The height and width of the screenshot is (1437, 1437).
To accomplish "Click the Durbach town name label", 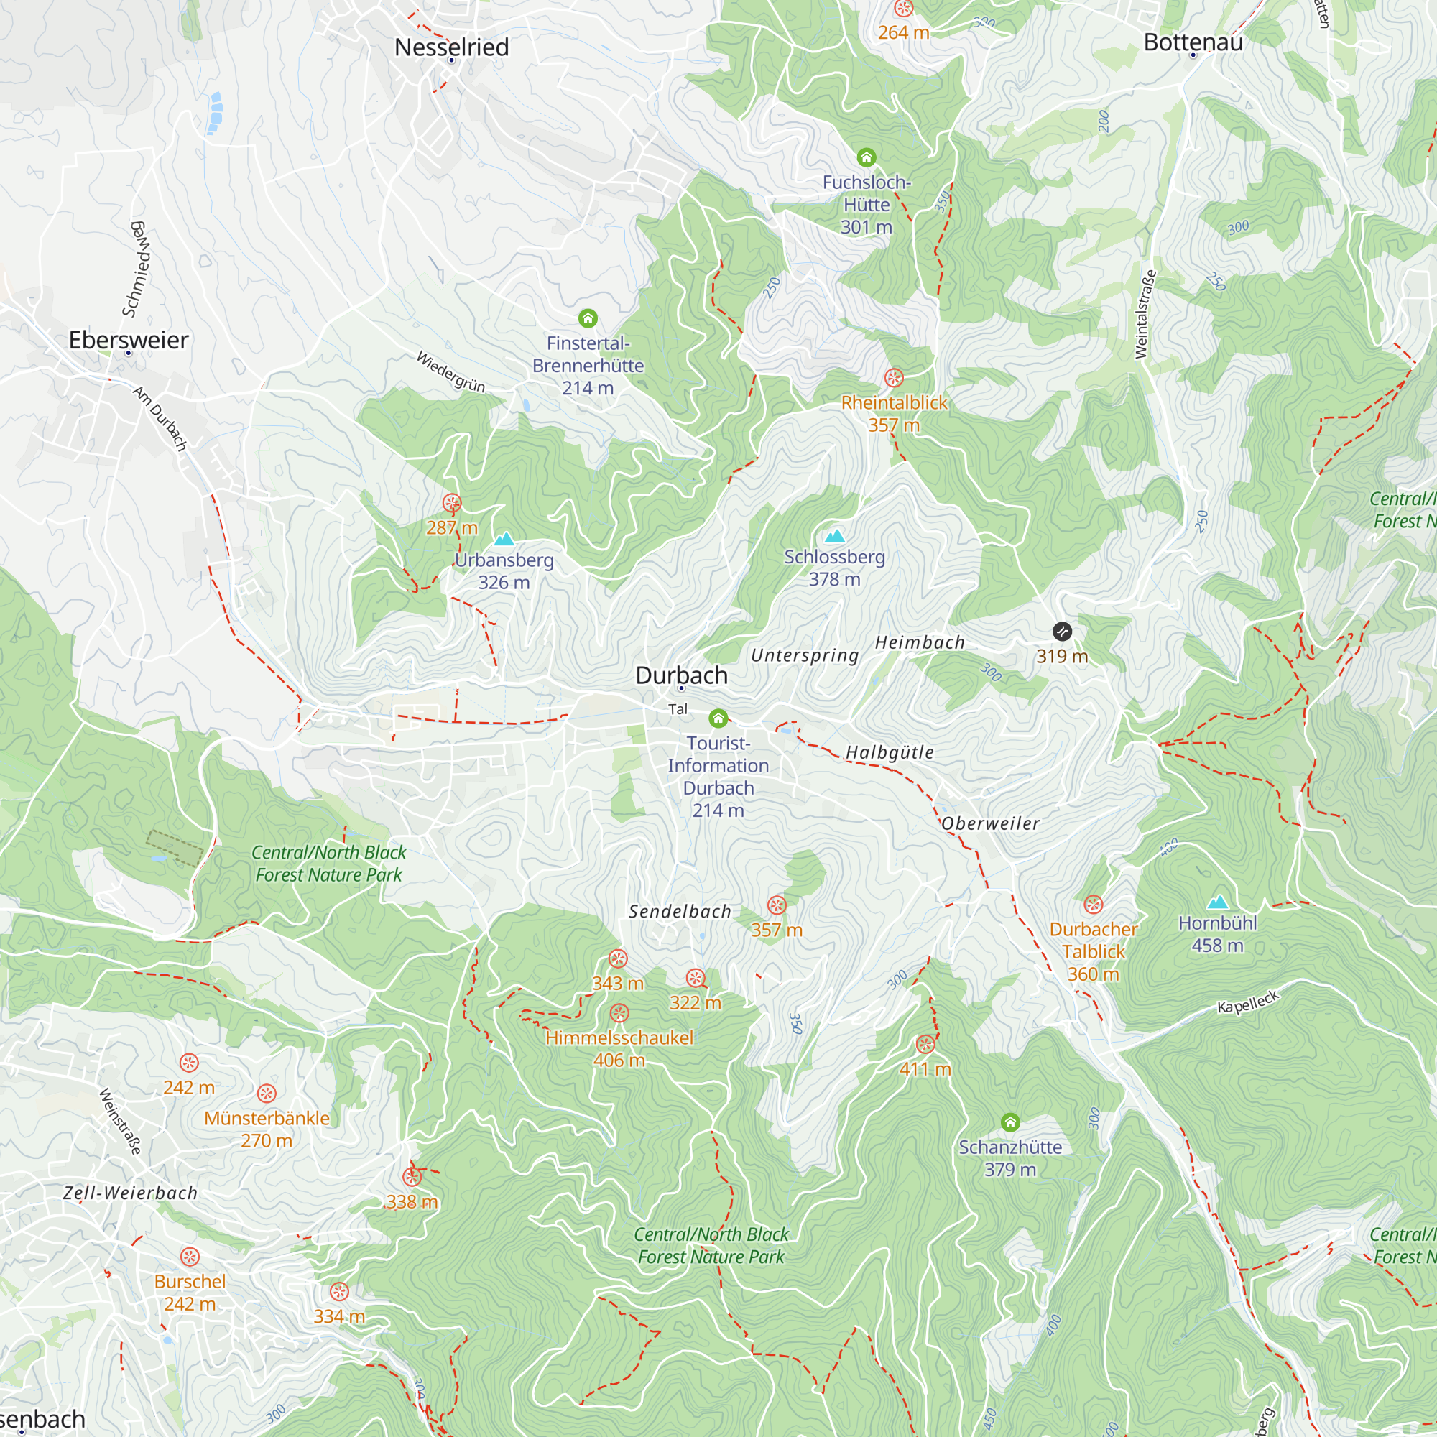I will [681, 675].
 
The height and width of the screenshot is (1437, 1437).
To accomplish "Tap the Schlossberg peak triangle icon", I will [834, 535].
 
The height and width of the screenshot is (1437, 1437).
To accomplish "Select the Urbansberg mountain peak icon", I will [504, 538].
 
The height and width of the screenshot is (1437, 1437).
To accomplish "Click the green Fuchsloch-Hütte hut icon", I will [866, 157].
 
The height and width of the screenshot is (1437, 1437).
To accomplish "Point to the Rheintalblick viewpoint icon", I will [893, 378].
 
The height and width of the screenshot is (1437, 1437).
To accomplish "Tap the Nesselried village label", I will [451, 47].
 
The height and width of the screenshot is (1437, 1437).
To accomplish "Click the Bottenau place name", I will [1193, 42].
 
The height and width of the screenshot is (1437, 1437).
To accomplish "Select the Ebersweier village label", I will [129, 340].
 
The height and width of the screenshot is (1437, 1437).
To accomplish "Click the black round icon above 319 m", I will [1062, 632].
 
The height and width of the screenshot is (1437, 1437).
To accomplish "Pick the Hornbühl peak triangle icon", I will [1217, 903].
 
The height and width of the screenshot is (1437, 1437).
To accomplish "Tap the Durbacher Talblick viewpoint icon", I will [1093, 905].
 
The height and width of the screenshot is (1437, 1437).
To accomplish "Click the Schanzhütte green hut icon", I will [1009, 1122].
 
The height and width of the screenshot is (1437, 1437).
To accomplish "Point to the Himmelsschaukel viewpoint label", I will [619, 1038].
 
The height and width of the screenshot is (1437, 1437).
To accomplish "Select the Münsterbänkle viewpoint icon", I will [267, 1094].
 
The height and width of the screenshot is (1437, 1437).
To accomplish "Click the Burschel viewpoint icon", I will [190, 1257].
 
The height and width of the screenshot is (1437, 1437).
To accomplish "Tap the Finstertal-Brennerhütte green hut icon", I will [588, 319].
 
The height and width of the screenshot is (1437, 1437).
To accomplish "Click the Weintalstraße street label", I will [1145, 314].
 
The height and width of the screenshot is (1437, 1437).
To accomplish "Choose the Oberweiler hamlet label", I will [990, 823].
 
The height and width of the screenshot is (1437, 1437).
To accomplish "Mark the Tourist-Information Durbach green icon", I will [718, 718].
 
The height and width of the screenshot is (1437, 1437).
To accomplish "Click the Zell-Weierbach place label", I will [130, 1193].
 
